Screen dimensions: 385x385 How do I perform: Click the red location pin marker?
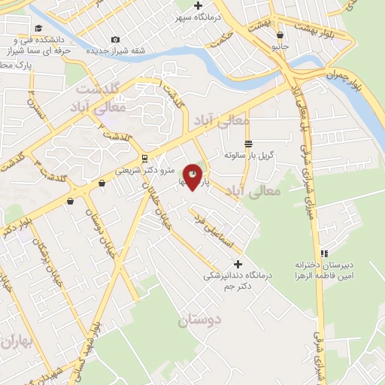[x=192, y=177]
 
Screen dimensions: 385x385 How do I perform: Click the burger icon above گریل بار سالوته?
[x=247, y=144]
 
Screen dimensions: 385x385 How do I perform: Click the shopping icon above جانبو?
[x=280, y=35]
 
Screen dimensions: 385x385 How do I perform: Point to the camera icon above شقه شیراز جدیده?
[x=115, y=39]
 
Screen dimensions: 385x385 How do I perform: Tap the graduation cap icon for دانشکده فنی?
[x=38, y=29]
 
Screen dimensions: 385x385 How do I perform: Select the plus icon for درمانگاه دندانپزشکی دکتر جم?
[x=238, y=264]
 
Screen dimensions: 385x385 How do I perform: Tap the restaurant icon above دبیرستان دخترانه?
[x=325, y=253]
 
